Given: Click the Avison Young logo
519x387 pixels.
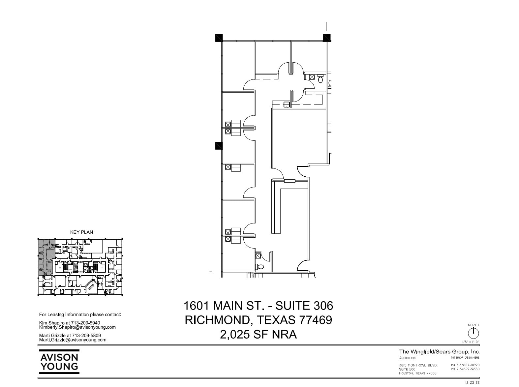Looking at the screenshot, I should point(59,362).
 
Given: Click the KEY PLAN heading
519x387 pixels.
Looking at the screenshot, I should point(81,232).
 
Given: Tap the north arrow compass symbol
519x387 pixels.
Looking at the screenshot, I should point(473,333).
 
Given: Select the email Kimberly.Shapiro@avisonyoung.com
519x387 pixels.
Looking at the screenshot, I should point(77,327).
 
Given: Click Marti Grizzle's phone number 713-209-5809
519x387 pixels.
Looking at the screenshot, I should point(86,336).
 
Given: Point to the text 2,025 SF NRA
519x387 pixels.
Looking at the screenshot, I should point(258,334).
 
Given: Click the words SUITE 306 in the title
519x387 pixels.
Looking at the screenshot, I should point(304,306).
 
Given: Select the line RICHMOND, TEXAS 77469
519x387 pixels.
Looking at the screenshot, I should point(258,320).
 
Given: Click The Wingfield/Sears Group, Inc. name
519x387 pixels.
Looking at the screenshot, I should point(439,352).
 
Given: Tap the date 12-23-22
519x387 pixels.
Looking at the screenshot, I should point(472,383).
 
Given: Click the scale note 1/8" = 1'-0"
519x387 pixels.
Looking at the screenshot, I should point(471,342).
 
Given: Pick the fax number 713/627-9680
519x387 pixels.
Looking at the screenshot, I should point(468,369).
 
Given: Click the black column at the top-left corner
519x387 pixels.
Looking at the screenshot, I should point(219,38).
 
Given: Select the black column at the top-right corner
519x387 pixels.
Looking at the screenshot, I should point(326,38).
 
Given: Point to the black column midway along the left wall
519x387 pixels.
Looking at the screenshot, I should point(219,145).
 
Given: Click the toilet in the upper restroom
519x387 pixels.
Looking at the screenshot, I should point(320,79).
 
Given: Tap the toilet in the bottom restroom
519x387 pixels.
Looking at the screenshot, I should point(260,266).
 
